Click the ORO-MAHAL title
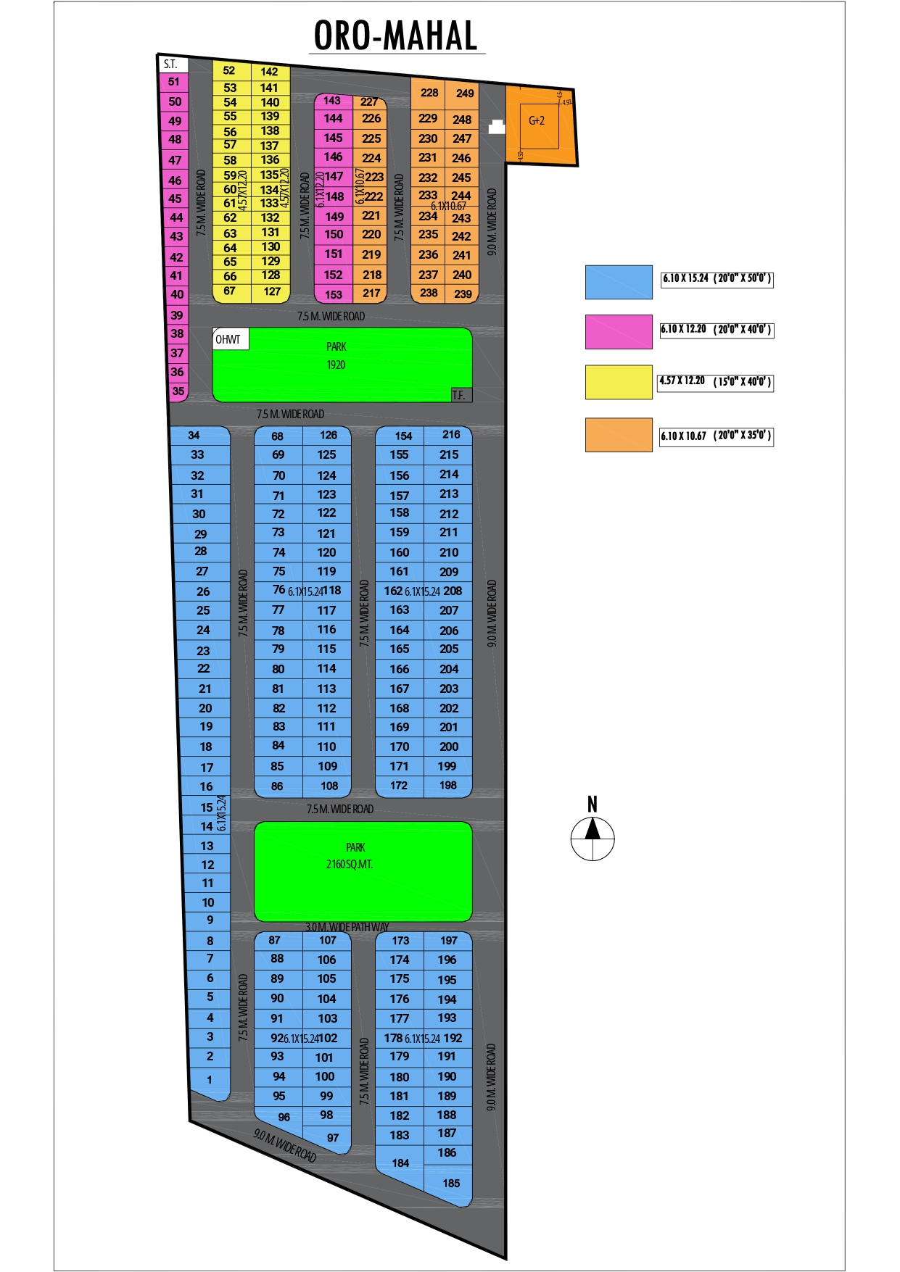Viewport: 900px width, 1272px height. (x=396, y=36)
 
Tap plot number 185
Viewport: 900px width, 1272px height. (x=451, y=1183)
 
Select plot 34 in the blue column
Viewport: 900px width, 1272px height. (x=194, y=436)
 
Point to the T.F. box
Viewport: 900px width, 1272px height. (x=461, y=395)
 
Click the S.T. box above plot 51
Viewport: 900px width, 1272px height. (x=172, y=64)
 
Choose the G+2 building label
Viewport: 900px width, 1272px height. (x=537, y=121)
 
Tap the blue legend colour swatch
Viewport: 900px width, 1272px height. (x=619, y=282)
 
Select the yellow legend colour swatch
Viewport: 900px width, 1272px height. (x=619, y=382)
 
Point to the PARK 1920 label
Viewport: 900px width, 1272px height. (x=336, y=356)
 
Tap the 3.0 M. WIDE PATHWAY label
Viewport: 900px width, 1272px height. (x=347, y=927)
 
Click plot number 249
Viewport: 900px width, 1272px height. (x=465, y=93)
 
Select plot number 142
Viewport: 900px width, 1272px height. (x=269, y=72)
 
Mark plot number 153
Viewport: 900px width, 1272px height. (x=334, y=294)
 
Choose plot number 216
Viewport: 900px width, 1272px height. (x=451, y=435)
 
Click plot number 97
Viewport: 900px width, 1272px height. (x=333, y=1137)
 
